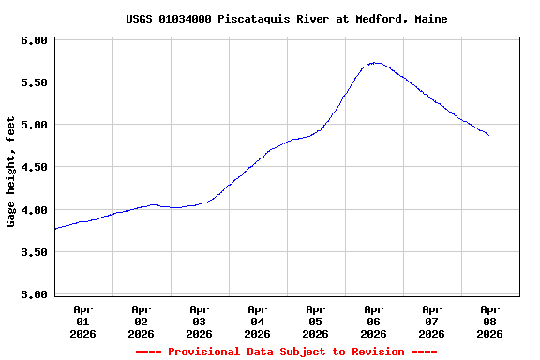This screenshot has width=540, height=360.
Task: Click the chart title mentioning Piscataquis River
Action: click(x=286, y=19)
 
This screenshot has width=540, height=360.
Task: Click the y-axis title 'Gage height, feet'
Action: click(x=11, y=172)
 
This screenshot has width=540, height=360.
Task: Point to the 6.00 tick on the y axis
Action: click(x=34, y=40)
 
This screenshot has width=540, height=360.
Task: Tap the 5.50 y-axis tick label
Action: click(x=34, y=82)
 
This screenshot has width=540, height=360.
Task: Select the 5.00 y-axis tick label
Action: click(x=34, y=125)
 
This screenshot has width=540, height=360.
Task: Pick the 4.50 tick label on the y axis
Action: click(x=34, y=167)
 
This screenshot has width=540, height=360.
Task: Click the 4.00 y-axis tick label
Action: click(x=34, y=210)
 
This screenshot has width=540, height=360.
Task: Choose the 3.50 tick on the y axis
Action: click(x=34, y=252)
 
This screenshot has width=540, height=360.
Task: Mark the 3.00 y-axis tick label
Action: click(x=34, y=294)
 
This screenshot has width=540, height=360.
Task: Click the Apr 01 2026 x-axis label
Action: click(x=82, y=321)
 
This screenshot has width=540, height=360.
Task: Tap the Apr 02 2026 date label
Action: click(x=141, y=321)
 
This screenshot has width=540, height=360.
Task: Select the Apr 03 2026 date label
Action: click(x=199, y=321)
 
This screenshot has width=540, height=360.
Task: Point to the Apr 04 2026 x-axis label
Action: click(x=257, y=321)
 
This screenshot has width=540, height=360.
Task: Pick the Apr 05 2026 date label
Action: click(x=315, y=321)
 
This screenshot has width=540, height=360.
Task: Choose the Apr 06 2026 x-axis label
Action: click(x=373, y=321)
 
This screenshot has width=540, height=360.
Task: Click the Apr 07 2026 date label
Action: click(x=431, y=321)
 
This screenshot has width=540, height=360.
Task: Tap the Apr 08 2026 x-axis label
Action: click(x=489, y=321)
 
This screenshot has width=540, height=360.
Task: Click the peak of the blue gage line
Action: click(x=375, y=63)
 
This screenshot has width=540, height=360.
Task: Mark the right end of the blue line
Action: click(x=488, y=135)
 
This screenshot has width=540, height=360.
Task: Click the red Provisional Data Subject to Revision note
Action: click(x=286, y=352)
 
